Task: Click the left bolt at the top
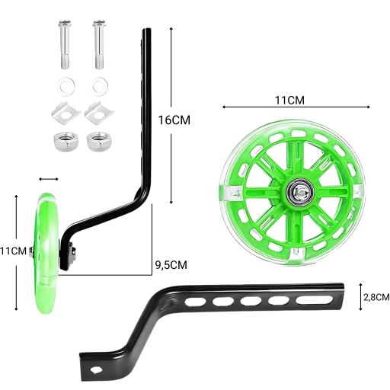pos(65,44)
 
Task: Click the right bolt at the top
pos(99,44)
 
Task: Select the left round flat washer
pos(66,86)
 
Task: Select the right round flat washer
pos(100,86)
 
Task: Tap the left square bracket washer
pos(66,113)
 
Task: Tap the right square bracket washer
pos(99,113)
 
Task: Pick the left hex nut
pos(66,142)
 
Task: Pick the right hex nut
pos(99,141)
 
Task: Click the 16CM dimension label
pos(174,120)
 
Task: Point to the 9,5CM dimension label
pos(171,265)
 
